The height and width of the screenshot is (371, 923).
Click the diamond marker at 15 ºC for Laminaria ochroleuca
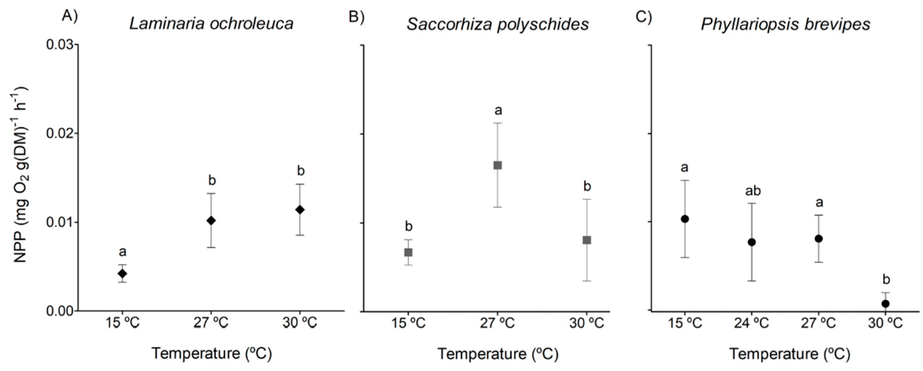pyautogui.click(x=122, y=274)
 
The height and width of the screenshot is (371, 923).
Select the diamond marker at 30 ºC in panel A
pyautogui.click(x=300, y=210)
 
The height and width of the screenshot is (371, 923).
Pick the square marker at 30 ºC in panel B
pyautogui.click(x=587, y=240)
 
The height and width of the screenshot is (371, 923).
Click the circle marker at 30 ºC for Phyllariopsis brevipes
pyautogui.click(x=885, y=304)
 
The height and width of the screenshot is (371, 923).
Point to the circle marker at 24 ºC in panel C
pyautogui.click(x=752, y=242)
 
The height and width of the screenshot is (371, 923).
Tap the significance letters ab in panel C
pyautogui.click(x=753, y=191)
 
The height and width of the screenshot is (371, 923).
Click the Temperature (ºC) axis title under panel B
pyautogui.click(x=498, y=354)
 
